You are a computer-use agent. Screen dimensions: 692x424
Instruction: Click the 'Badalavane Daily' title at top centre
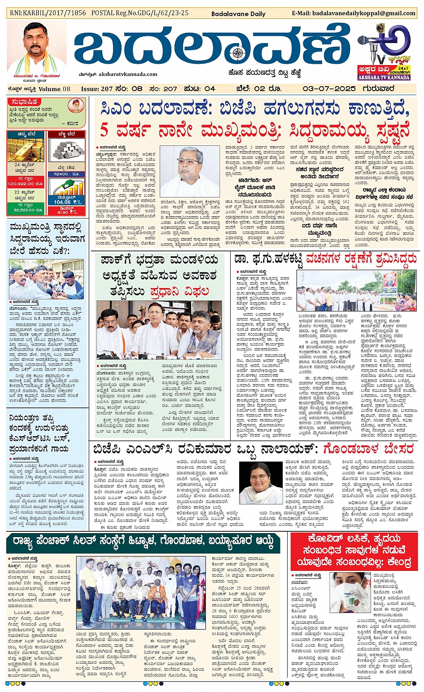tap(238, 14)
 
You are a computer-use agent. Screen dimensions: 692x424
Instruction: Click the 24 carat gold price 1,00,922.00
tap(25, 184)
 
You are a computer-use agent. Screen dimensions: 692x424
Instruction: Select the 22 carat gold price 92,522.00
tap(25, 210)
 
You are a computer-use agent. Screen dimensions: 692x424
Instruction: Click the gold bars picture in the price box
tap(25, 150)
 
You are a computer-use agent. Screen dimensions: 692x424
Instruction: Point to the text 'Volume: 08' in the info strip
tap(54, 89)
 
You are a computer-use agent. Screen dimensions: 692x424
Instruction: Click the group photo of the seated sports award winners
tap(138, 592)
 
